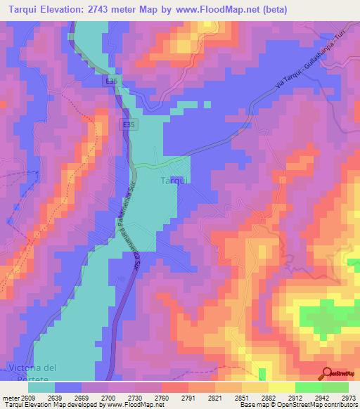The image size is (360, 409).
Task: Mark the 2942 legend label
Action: pyautogui.click(x=320, y=398)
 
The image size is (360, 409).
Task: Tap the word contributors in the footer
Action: pyautogui.click(x=340, y=405)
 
